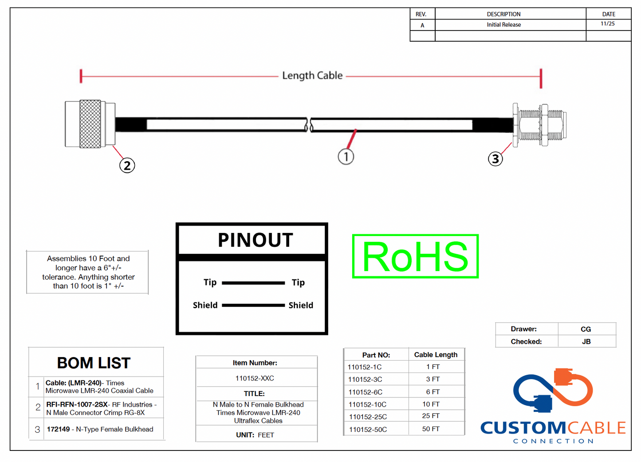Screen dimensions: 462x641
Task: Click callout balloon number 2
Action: pos(127,165)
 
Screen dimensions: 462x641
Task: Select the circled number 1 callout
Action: pos(346,156)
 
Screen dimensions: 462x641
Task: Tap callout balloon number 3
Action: pos(495,159)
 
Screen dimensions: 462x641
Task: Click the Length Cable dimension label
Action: pos(312,76)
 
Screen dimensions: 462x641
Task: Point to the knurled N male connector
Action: pos(90,124)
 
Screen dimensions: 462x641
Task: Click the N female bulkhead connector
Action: pos(539,125)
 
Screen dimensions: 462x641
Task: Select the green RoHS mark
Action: pos(415,256)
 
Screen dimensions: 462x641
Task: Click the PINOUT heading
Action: pos(255,240)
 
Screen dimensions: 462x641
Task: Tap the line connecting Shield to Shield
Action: pos(253,305)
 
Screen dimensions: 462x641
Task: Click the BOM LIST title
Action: pos(94,363)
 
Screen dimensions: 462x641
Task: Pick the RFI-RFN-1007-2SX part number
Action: pos(77,404)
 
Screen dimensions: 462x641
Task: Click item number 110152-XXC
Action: pos(255,378)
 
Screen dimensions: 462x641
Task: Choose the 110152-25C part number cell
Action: pos(368,417)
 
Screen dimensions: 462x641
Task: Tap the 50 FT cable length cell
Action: pos(431,429)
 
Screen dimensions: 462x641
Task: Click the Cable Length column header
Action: pos(436,355)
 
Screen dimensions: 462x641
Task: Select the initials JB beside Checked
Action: pos(586,342)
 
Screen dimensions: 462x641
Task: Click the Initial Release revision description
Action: pos(503,25)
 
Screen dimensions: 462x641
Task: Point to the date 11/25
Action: pos(608,24)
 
